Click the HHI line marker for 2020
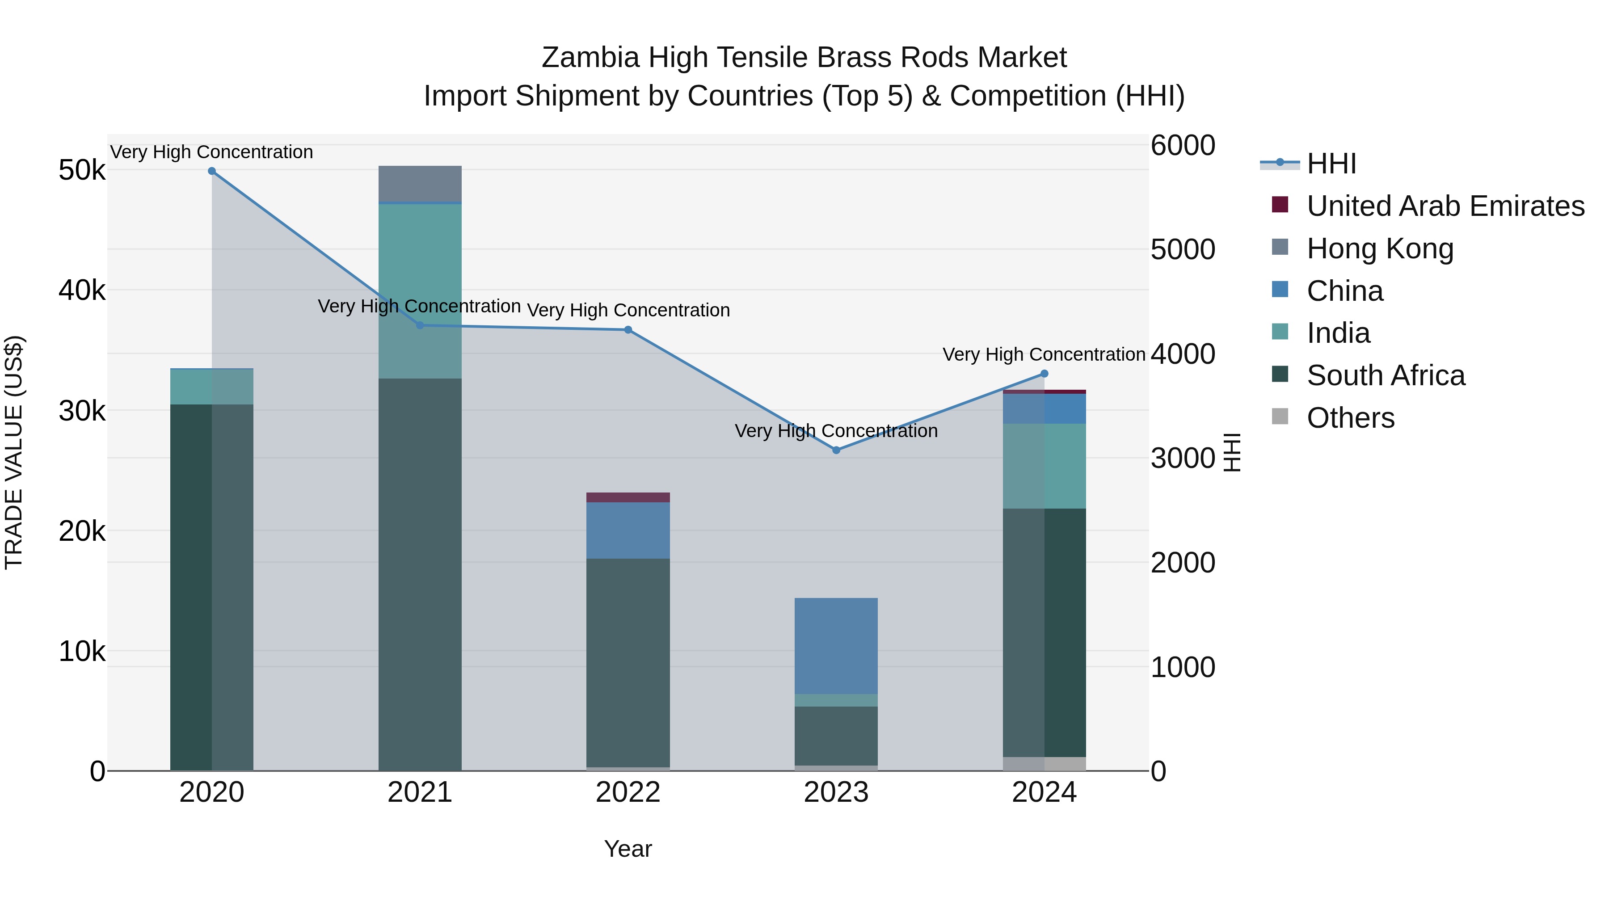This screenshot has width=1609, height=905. pyautogui.click(x=212, y=171)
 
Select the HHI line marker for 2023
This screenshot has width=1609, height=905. pyautogui.click(x=836, y=450)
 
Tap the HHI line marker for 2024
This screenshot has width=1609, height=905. pyautogui.click(x=1045, y=374)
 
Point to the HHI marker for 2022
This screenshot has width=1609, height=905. pyautogui.click(x=628, y=330)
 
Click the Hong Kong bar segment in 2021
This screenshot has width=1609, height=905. pyautogui.click(x=420, y=184)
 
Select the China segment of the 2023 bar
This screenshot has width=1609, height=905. pyautogui.click(x=836, y=646)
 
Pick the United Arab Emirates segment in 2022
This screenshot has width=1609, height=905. pyautogui.click(x=628, y=497)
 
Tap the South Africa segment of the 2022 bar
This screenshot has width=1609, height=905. pyautogui.click(x=628, y=662)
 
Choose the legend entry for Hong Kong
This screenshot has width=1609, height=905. pyautogui.click(x=1381, y=248)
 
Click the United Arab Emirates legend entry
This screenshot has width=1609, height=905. pyautogui.click(x=1445, y=206)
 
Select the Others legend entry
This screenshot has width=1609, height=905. pyautogui.click(x=1350, y=418)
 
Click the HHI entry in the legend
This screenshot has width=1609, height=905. pyautogui.click(x=1331, y=164)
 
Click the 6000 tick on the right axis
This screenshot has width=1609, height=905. pyautogui.click(x=1182, y=146)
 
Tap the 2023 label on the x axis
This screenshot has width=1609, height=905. pyautogui.click(x=836, y=792)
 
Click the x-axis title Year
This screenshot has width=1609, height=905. pyautogui.click(x=628, y=849)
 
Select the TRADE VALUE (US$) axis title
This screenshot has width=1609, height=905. pyautogui.click(x=14, y=452)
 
